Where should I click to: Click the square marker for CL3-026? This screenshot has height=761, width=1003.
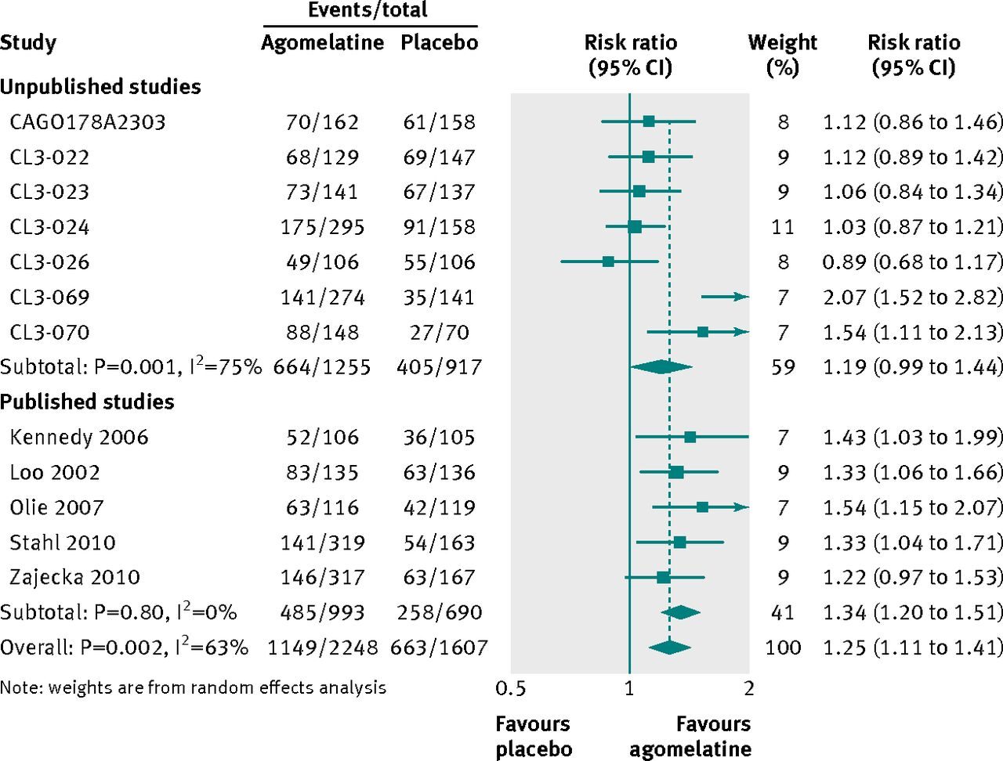point(608,261)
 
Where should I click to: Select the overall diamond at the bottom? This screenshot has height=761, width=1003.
point(670,647)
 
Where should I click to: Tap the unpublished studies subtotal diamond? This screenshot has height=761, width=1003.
point(661,366)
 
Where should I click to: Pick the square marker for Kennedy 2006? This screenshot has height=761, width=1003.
point(690,437)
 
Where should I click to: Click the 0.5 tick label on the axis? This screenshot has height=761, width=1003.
point(511,688)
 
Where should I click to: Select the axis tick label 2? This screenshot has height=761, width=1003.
point(749,688)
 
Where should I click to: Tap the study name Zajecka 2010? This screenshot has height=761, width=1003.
point(74,578)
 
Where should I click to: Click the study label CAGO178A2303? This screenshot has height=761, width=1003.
point(88,122)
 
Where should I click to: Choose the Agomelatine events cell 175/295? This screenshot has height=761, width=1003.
point(323,227)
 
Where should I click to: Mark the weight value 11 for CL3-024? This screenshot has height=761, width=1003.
point(783,227)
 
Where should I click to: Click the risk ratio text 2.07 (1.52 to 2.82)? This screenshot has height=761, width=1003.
point(913,297)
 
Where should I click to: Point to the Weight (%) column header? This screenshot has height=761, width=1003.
point(783,54)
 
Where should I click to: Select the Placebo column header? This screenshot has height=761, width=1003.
point(439,42)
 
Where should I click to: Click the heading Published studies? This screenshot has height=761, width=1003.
point(87,402)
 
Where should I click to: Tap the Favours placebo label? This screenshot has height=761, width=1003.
point(534,736)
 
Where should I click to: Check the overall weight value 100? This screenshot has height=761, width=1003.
point(783,647)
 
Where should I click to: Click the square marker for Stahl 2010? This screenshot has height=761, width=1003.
point(679,543)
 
